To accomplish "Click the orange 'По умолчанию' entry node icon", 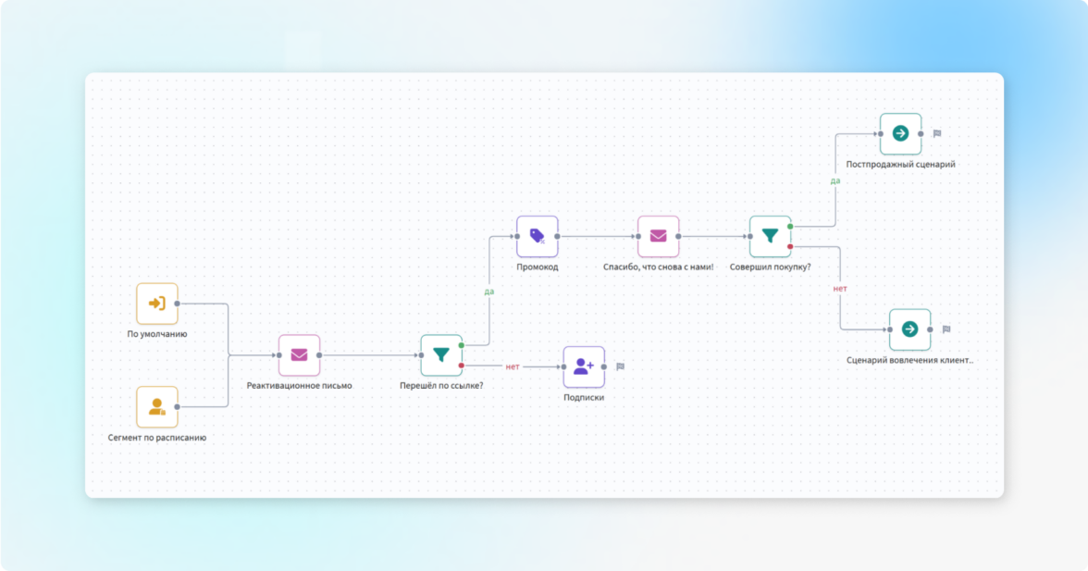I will coord(157,304).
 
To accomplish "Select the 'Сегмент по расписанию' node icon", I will coord(157,406).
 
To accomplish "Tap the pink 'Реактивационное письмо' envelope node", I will coord(299,355).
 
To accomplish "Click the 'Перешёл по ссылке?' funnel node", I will coord(441,355).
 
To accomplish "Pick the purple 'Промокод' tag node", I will coord(538,236).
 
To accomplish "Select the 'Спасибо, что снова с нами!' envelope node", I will coord(658,236).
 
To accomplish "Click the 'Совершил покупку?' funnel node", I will coord(770,236).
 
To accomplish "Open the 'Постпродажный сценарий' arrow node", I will coord(900,133).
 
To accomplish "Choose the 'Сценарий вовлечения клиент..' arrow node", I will coord(909,329).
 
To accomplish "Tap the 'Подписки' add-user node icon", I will coord(584,366).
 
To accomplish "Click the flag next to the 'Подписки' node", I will coord(620,366).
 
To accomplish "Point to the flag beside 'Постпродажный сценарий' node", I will coord(936,133).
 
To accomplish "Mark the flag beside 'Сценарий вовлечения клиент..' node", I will coord(946,329).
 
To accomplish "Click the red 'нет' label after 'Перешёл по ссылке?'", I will coord(512,366).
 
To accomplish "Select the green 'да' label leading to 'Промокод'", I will coord(488,292).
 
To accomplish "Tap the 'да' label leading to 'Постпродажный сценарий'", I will coord(835,180).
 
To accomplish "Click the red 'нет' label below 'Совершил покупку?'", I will coord(840,289).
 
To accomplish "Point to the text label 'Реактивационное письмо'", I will coord(299,386).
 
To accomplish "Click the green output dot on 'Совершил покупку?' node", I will coord(790,226).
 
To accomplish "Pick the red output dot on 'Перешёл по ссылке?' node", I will coord(462,366).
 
